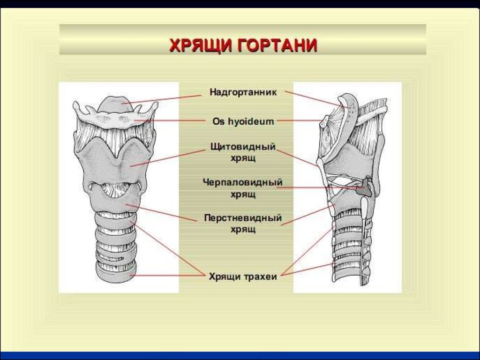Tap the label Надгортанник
click(243, 92)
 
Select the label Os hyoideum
click(243, 121)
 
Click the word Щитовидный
click(243, 147)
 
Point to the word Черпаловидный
click(242, 182)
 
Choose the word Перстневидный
click(243, 218)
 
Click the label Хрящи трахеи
click(243, 277)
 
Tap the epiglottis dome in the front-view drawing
click(116, 104)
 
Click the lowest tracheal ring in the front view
click(116, 272)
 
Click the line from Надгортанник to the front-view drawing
click(161, 99)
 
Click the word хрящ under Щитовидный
click(243, 158)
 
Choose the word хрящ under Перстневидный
click(243, 230)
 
